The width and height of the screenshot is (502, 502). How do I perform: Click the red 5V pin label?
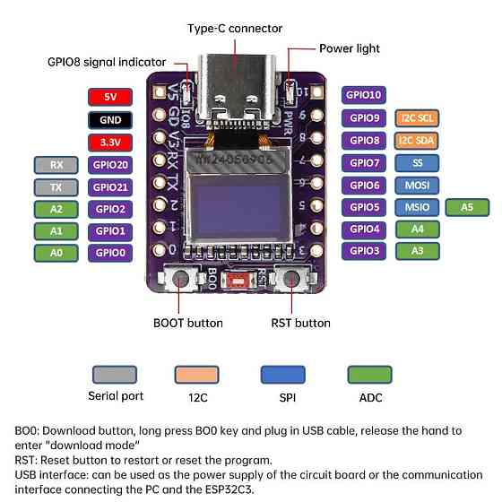tap(111, 97)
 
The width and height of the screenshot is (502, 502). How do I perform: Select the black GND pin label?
tap(111, 119)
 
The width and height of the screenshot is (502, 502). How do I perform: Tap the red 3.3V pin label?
tap(111, 142)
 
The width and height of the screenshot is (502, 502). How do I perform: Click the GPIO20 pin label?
tap(111, 165)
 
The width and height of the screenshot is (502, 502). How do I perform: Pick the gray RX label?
tap(56, 165)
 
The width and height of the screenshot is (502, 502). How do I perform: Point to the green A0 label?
tap(56, 253)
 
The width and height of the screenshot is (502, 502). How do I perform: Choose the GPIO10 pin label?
tap(364, 95)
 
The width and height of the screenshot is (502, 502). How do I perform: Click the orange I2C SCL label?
tap(418, 117)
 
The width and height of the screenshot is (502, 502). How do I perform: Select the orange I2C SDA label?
tap(418, 140)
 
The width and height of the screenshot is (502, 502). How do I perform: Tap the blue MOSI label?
tap(418, 185)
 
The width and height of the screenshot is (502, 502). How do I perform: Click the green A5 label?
tap(467, 207)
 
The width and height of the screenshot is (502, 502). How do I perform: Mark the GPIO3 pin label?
tap(364, 251)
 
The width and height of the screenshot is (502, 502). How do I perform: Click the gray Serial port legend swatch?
tap(114, 374)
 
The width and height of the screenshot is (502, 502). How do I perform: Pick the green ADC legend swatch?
tap(368, 374)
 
